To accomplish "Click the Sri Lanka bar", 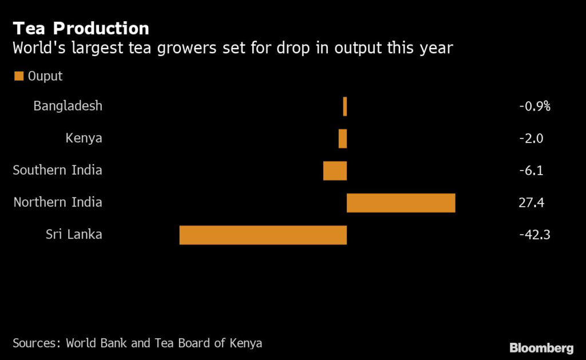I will coord(263,235).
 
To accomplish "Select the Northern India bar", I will coord(401,203).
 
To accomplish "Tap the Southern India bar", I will coord(335,171).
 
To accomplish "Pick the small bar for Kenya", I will coord(342,139).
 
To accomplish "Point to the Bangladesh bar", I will coord(345,106).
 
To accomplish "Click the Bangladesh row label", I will coord(68,106).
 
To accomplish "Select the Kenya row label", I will coord(84,138).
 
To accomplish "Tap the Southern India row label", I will coord(57,170).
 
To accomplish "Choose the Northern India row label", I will coord(58,202).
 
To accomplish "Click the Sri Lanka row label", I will coord(74,234).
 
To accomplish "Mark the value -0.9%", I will coord(534,106).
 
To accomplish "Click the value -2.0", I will coord(531,138).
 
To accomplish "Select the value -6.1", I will coord(531,170).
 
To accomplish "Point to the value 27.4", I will coord(530,202).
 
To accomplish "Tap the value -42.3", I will coord(534,234).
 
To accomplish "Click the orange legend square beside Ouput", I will coord(18,76).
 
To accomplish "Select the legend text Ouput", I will coord(45,76).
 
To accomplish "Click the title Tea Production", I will coord(81,29).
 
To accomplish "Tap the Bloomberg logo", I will coord(541,347).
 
